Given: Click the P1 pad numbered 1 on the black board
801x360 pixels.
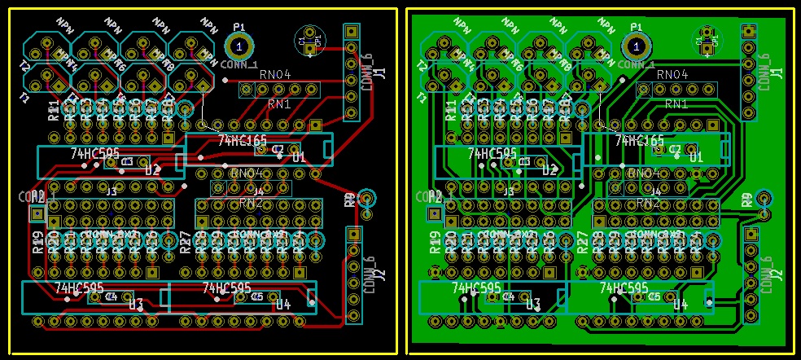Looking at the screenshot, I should [x=238, y=46].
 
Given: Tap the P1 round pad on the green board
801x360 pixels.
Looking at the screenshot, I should [x=636, y=46].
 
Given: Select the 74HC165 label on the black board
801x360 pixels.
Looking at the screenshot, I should [x=242, y=141].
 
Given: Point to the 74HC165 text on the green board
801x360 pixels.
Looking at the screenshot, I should [x=640, y=141].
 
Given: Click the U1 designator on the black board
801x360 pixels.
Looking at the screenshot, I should [x=299, y=157].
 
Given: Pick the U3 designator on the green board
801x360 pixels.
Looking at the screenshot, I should [x=533, y=305].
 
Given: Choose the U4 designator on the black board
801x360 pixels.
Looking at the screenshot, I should [x=282, y=305].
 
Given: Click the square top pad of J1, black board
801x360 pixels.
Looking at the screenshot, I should [x=351, y=32].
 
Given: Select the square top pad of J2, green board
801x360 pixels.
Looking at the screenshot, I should [x=750, y=235].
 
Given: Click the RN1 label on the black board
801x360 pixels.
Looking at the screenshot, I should [x=279, y=104].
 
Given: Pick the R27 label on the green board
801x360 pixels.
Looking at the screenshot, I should [x=582, y=242].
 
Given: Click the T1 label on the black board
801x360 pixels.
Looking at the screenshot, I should [x=24, y=98].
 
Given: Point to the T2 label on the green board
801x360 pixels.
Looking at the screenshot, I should [x=422, y=67].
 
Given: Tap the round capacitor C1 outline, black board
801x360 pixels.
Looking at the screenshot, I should [x=309, y=39].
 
